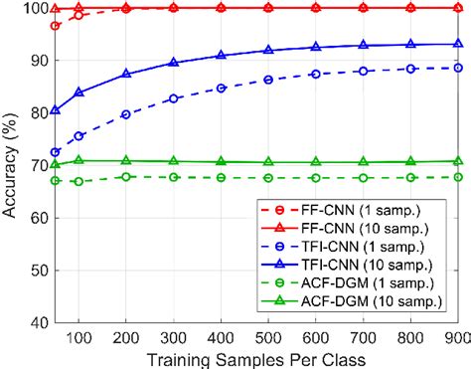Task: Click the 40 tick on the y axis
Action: click(32, 322)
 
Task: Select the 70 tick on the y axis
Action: click(32, 165)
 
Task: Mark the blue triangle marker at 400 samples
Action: click(221, 56)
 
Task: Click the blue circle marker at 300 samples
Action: click(174, 98)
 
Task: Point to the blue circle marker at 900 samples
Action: click(458, 68)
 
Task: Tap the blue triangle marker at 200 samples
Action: click(126, 74)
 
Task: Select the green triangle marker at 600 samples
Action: click(316, 162)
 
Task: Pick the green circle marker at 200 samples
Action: click(126, 176)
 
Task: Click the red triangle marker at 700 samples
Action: click(363, 7)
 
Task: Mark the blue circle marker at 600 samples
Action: click(316, 75)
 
